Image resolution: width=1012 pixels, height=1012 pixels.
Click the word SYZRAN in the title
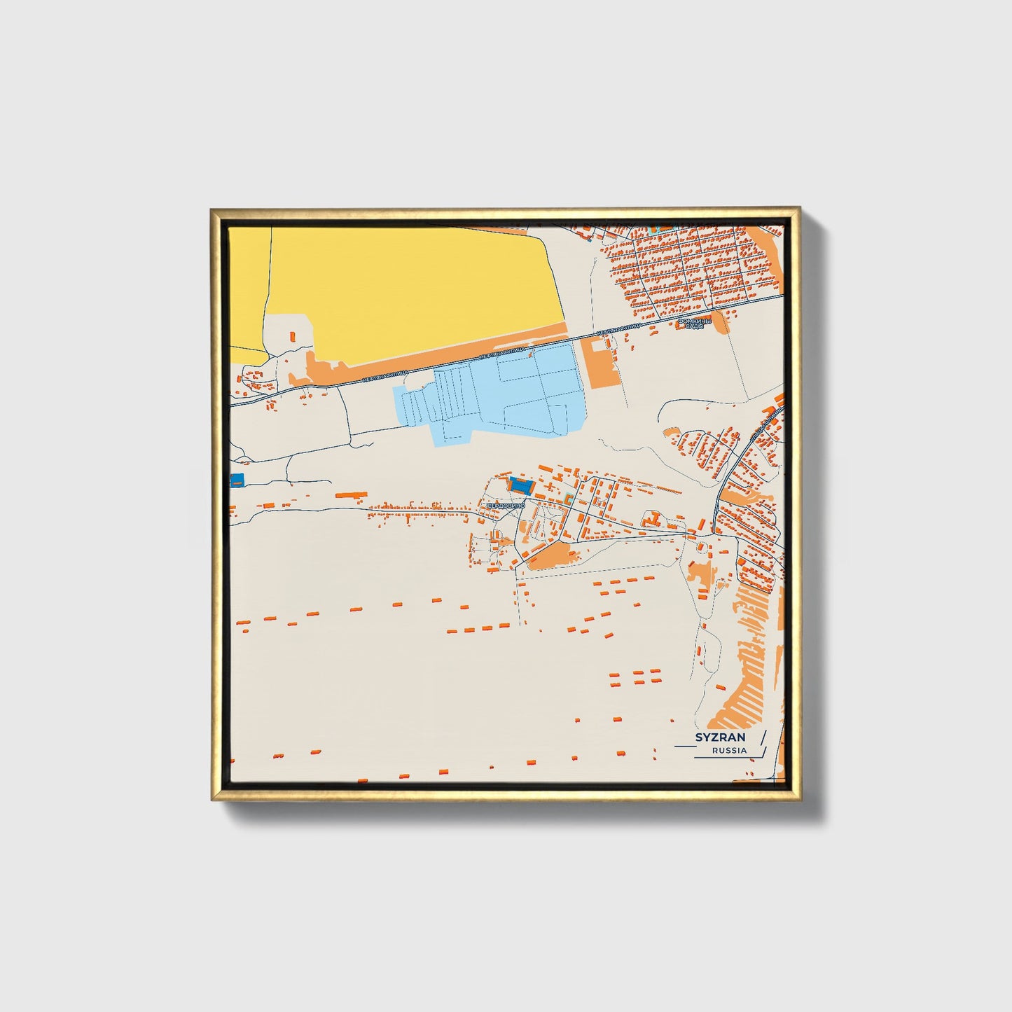pyautogui.click(x=720, y=737)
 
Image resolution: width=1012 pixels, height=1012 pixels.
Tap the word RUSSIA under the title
pyautogui.click(x=729, y=751)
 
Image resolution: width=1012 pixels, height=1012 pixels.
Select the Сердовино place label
pyautogui.click(x=506, y=506)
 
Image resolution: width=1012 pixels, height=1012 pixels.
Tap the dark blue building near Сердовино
pyautogui.click(x=520, y=484)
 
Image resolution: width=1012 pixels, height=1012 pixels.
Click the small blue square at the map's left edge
pyautogui.click(x=237, y=480)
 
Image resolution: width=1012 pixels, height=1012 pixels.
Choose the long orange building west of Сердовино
pyautogui.click(x=350, y=495)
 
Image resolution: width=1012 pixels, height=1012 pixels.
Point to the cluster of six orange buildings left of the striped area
pyautogui.click(x=635, y=677)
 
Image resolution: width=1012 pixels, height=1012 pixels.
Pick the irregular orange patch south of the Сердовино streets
pyautogui.click(x=553, y=557)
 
